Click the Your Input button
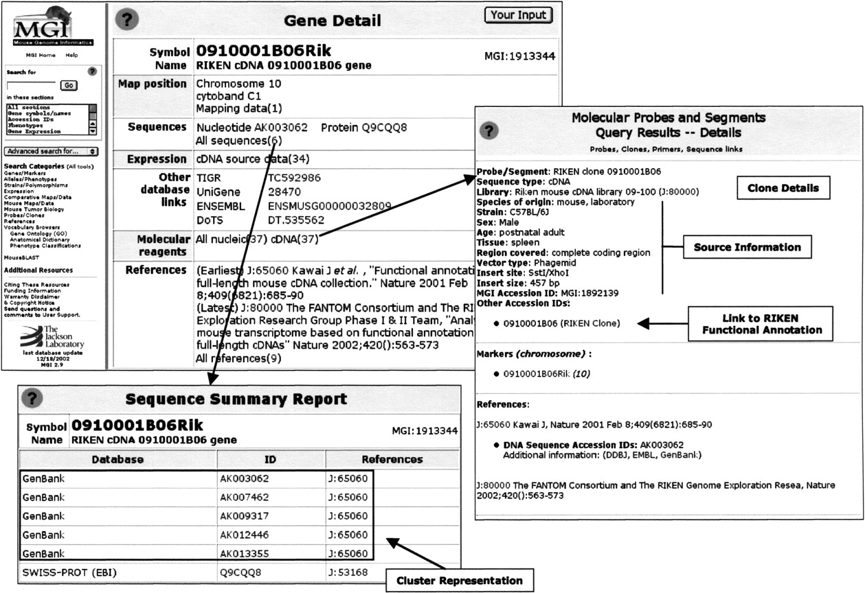click(x=518, y=14)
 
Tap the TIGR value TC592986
click(x=294, y=178)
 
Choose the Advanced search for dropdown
click(x=52, y=151)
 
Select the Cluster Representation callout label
click(x=460, y=580)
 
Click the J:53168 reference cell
click(x=349, y=572)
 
